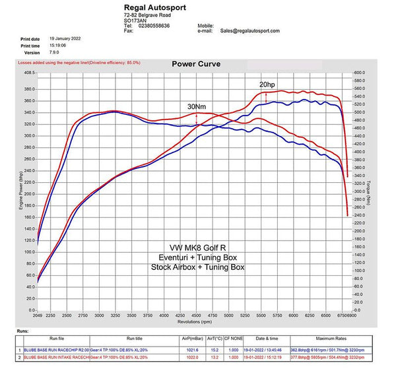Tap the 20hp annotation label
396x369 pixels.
[267, 85]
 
